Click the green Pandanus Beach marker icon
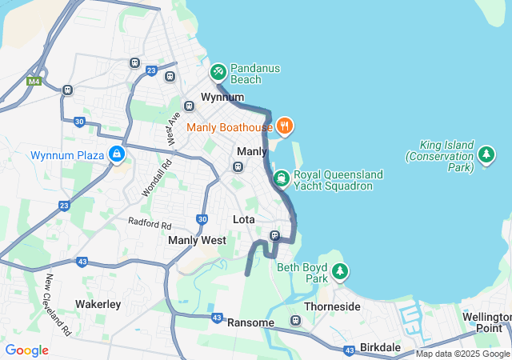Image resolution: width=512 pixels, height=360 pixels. (x=218, y=72)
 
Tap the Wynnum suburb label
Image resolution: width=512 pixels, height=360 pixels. (x=222, y=97)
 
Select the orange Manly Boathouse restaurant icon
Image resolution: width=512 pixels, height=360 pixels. (x=285, y=126)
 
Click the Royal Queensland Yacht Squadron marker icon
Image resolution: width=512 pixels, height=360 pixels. (x=281, y=178)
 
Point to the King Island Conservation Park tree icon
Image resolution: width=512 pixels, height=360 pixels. (x=486, y=153)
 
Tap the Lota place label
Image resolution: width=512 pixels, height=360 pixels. (x=243, y=219)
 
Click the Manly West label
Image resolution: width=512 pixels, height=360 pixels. (x=197, y=240)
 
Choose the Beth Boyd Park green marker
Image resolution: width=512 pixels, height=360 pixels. (x=340, y=272)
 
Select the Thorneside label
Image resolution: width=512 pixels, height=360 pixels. (x=332, y=306)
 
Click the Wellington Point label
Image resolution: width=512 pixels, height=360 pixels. (x=486, y=322)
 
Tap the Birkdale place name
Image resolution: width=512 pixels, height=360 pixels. (x=380, y=348)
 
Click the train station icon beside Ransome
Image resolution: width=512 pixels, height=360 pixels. (x=295, y=321)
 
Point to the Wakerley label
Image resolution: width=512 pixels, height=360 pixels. (x=98, y=304)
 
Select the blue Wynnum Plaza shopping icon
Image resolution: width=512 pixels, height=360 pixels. (x=118, y=154)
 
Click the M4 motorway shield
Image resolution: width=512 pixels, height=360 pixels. (x=34, y=81)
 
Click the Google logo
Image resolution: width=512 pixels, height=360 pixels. (x=26, y=350)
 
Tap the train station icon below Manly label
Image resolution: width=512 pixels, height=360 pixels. (x=238, y=166)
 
